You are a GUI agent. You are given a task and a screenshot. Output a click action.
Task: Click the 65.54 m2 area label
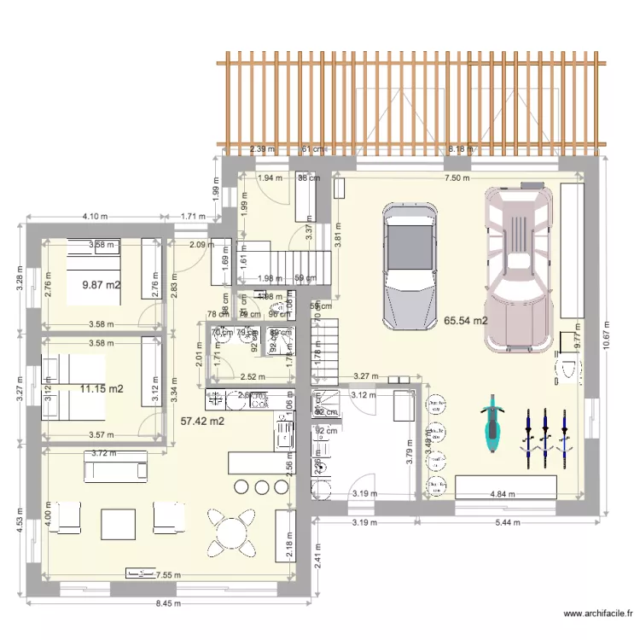coord(465,321)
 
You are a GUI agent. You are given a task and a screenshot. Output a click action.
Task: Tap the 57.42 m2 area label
coord(202,420)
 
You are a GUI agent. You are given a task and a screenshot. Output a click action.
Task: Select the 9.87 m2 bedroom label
coord(100,284)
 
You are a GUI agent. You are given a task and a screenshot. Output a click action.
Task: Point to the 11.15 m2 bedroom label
coord(101,388)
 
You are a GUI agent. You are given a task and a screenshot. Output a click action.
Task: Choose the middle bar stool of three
coord(261,486)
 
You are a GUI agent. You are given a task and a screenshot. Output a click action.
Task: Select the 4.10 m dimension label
coord(93,217)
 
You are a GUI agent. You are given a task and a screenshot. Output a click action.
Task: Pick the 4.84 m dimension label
coord(502,493)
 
